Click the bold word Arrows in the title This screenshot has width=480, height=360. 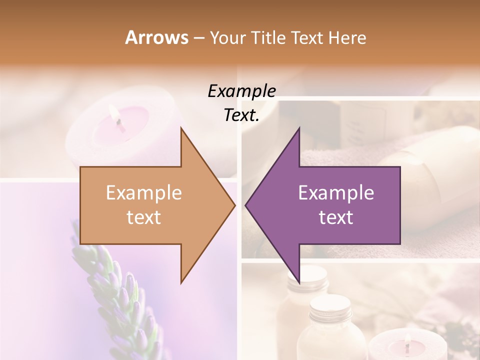pos(156,37)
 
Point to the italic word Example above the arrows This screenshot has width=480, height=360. pos(241,91)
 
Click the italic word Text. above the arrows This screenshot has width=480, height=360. pos(241,115)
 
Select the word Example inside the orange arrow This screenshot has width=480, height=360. pos(144,193)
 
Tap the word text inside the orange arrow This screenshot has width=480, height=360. pos(144,217)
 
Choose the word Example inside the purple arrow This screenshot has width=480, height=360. pos(336,193)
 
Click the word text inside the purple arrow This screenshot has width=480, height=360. pos(336,217)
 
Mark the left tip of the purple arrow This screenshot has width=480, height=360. pos(246,205)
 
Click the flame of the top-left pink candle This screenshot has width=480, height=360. pos(118,120)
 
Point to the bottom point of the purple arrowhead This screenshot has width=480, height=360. pos(299,282)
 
